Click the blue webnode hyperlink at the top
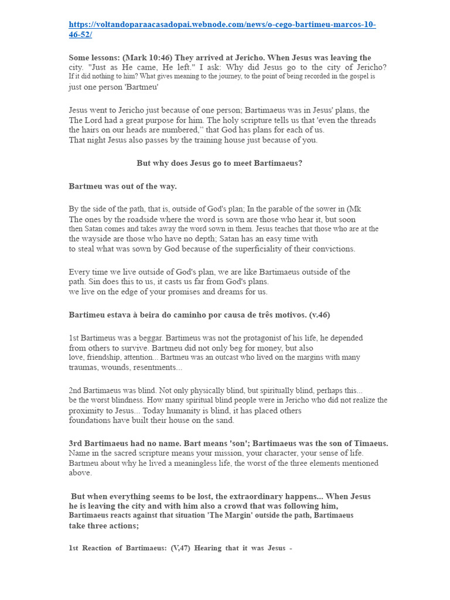point(222,29)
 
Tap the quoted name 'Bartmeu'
point(141,87)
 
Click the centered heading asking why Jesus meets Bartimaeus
point(219,163)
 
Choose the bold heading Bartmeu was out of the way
point(122,186)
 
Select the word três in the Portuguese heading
point(259,315)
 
